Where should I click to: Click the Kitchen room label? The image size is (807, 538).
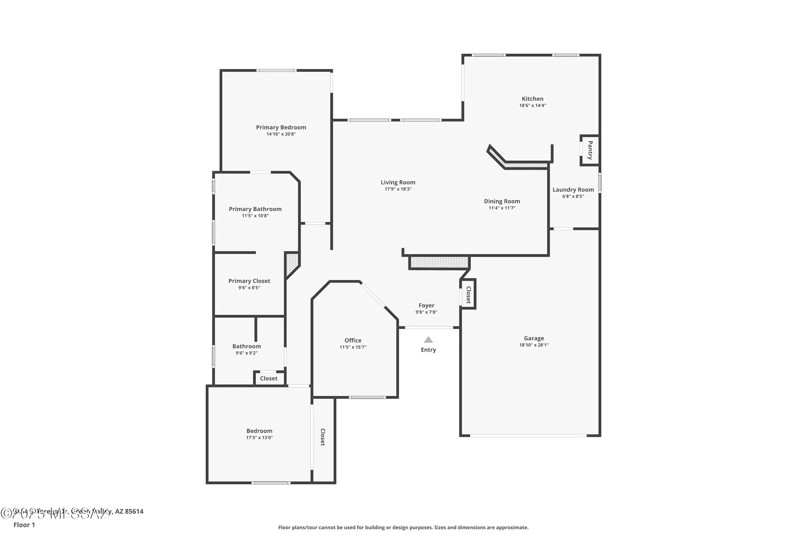532,99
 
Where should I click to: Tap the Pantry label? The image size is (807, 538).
590,150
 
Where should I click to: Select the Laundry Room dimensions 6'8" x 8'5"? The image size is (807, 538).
573,197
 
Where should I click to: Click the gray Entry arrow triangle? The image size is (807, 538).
428,340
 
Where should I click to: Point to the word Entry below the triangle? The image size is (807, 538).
428,350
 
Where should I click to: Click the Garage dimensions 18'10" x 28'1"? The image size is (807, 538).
533,345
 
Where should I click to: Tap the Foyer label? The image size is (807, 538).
426,306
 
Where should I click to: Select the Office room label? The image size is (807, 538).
353,341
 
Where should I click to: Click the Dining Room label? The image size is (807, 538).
502,201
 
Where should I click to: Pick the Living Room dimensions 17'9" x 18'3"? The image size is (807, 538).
398,189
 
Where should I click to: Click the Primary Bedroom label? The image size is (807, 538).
281,128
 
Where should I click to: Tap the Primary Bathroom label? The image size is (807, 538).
255,209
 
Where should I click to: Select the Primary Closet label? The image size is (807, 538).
249,281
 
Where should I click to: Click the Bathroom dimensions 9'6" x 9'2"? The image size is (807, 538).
246,353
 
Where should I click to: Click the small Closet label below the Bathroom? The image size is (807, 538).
268,379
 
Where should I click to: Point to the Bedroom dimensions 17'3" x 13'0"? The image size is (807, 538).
259,438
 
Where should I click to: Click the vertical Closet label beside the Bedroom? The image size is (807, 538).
322,437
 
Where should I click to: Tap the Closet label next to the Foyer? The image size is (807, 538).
468,295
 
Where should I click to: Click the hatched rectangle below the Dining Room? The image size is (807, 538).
439,262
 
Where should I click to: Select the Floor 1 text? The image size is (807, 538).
24,525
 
